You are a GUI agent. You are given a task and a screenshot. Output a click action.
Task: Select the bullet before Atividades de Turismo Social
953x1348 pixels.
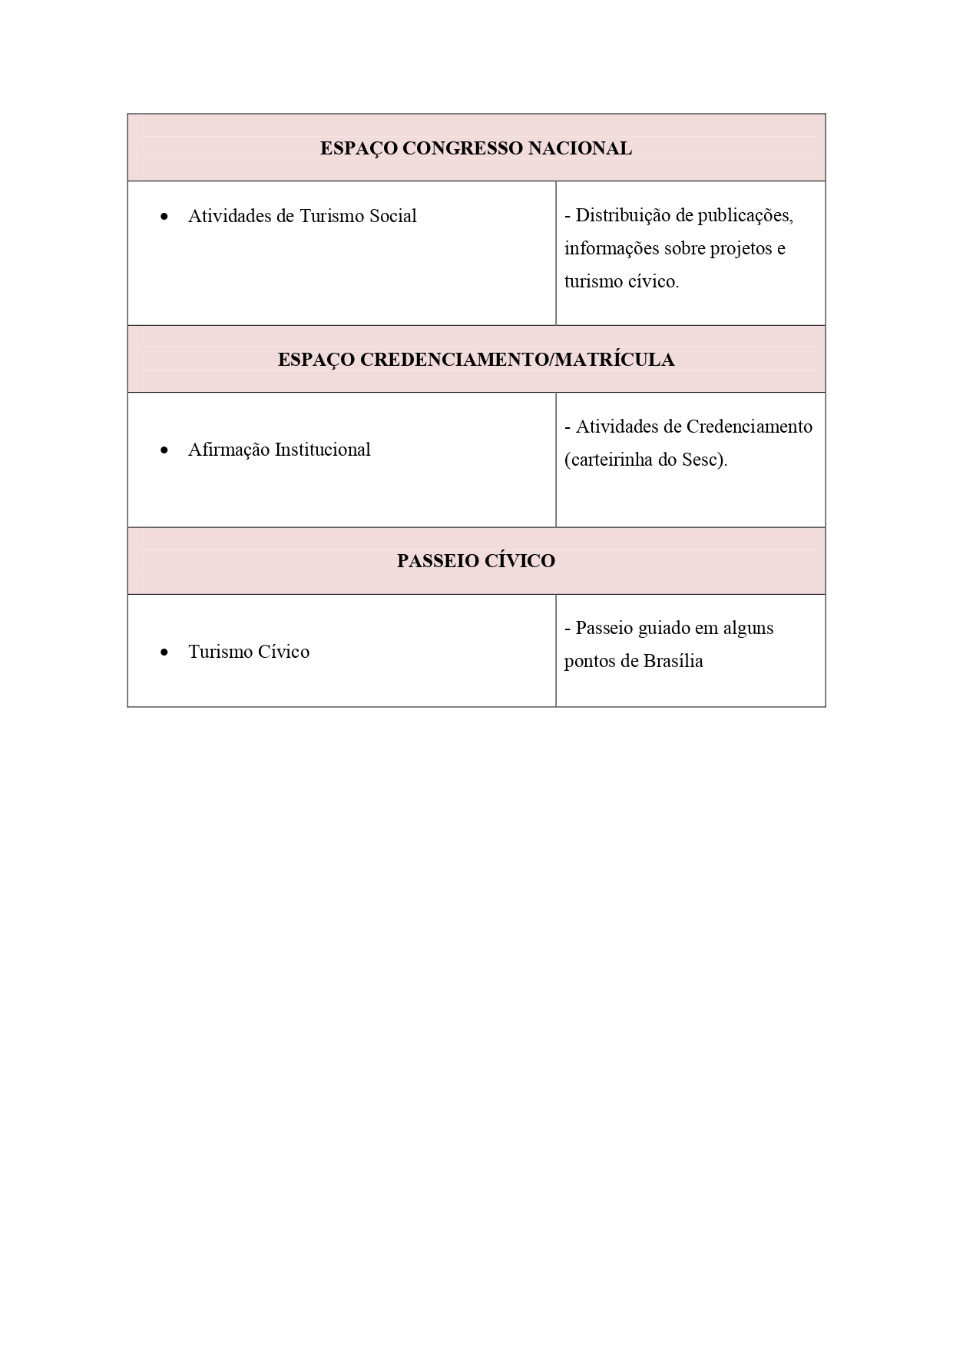[x=164, y=217]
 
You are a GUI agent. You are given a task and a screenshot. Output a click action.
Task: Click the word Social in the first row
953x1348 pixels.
[x=392, y=216]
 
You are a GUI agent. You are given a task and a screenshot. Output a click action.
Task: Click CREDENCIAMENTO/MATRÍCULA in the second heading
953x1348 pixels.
[x=517, y=360]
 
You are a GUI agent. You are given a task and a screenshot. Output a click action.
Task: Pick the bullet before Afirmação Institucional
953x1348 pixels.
[x=164, y=451]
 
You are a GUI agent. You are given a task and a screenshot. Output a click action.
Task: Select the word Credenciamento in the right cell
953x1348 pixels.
[x=749, y=427]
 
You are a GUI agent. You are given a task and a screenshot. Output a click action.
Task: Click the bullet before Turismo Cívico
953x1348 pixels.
[x=164, y=653]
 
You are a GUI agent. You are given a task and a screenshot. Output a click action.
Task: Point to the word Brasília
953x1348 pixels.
[x=673, y=661]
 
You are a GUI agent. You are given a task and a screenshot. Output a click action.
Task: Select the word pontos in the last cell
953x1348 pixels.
[x=589, y=661]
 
